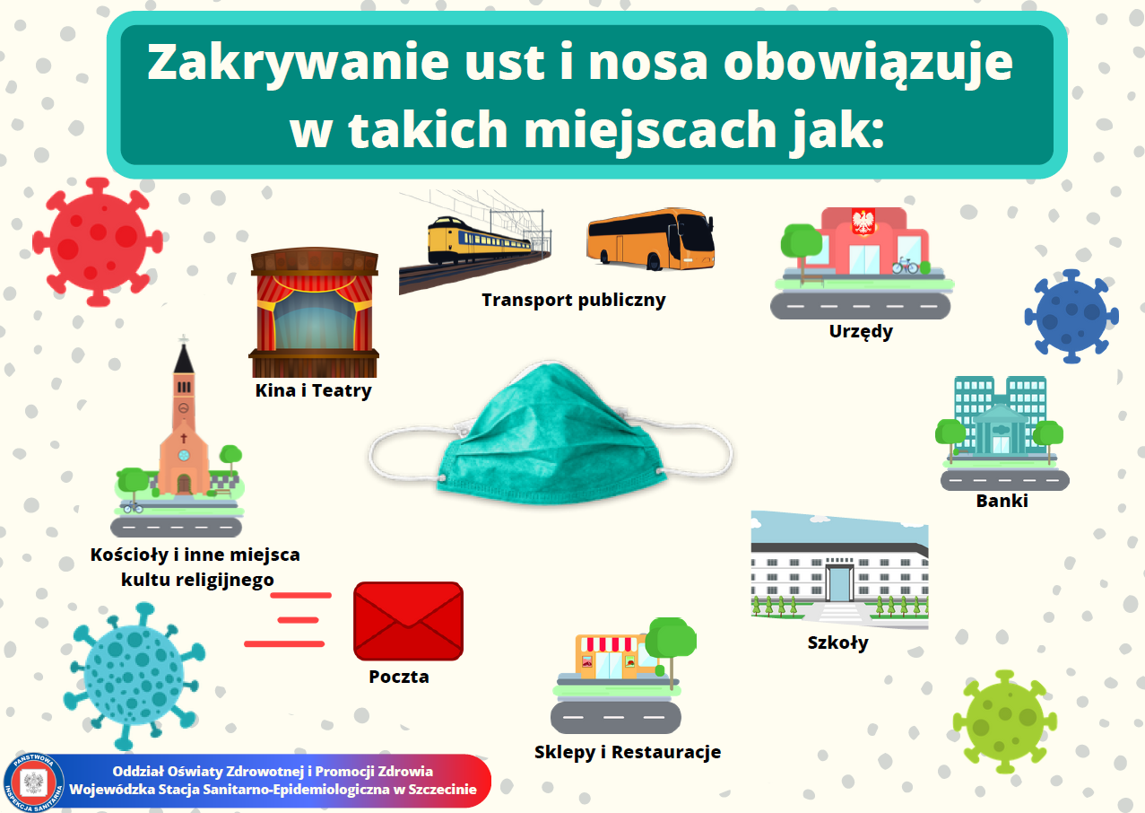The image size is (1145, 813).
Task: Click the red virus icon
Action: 98,242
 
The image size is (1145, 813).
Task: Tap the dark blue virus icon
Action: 1071,316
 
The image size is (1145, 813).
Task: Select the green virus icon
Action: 1005,721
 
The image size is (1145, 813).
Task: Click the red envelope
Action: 409,621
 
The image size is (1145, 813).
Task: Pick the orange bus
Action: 650,239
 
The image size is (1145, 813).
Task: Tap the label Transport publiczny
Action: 574,300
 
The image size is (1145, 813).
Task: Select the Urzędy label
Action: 861,331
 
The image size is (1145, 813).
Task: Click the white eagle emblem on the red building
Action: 863,222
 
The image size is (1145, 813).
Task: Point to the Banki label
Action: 1002,501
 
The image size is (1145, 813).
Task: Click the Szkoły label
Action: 837,643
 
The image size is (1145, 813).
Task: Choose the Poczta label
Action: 399,677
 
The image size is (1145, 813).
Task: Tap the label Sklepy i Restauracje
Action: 628,752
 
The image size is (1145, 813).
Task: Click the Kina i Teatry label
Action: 313,390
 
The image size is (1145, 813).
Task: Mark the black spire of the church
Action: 184,358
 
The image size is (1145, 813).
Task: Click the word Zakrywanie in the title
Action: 298,63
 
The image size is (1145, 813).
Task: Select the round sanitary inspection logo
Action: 34,782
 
